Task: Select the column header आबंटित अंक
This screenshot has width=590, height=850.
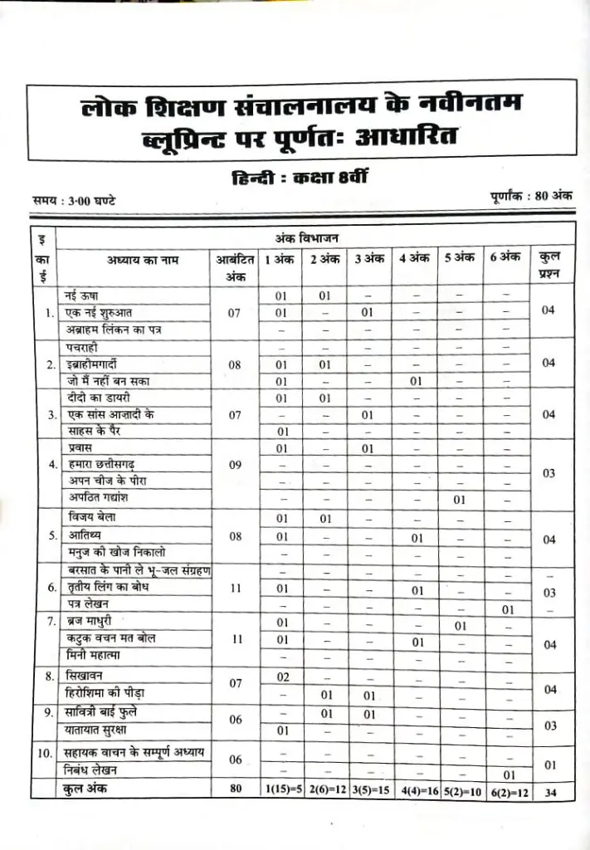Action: (235, 267)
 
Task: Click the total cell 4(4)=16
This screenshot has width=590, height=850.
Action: (414, 790)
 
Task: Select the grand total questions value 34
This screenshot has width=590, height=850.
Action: (550, 791)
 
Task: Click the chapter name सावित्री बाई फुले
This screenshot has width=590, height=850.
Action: (106, 712)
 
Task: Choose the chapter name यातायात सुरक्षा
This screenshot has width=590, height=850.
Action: (104, 730)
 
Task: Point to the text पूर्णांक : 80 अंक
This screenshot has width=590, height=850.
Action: (531, 197)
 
